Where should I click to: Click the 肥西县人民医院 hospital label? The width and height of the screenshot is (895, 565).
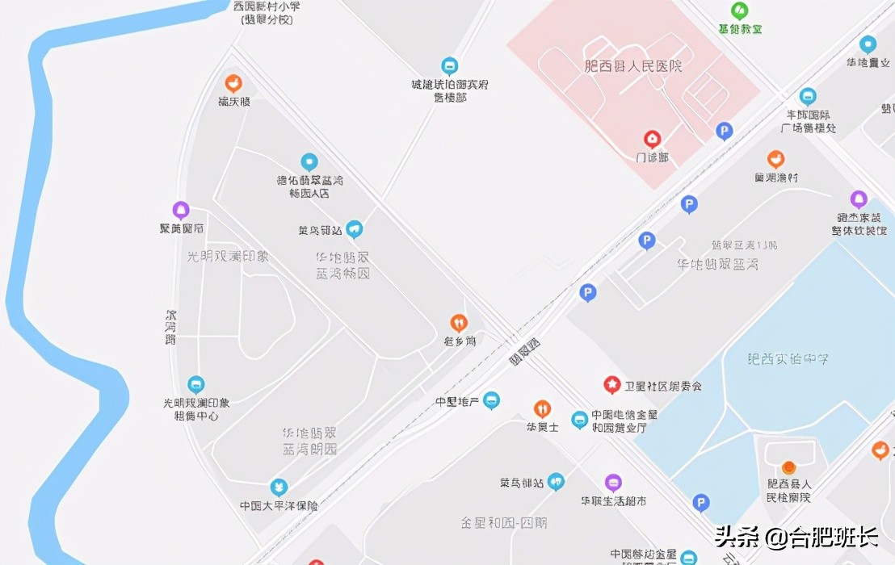(x=633, y=66)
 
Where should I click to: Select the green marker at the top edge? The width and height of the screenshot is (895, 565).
(x=739, y=10)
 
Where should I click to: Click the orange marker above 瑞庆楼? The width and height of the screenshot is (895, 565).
(x=233, y=82)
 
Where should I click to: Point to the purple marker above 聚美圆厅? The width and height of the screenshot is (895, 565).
(x=181, y=211)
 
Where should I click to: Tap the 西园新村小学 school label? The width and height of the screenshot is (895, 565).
(x=267, y=12)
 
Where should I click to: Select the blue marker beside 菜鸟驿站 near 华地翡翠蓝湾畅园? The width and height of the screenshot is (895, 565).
(x=354, y=230)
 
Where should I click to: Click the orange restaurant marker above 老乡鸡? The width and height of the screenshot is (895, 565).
(x=459, y=324)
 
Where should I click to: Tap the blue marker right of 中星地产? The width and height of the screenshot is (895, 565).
(x=491, y=400)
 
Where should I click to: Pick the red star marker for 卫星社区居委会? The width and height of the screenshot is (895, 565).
(x=612, y=385)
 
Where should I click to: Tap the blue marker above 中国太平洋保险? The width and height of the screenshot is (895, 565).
(x=279, y=488)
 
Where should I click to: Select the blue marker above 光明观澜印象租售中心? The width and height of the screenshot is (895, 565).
(x=195, y=384)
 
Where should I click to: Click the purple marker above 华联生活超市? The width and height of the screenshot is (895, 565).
(x=613, y=483)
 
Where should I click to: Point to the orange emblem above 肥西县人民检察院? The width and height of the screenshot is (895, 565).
(x=788, y=467)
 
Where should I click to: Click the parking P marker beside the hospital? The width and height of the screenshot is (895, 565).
(x=725, y=131)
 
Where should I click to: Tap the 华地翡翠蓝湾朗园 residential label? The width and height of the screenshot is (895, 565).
(x=309, y=442)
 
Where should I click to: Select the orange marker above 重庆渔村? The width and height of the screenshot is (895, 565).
(x=775, y=159)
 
